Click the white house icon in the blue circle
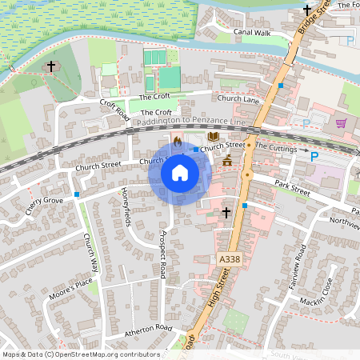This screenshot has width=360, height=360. coord(180,173)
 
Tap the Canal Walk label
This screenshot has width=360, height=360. coord(252,34)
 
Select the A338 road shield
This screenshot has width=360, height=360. coord(228,259)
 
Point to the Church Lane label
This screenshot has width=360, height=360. coord(238,98)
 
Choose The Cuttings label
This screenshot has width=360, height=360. coord(276,150)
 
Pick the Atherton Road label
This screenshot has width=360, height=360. coord(148,329)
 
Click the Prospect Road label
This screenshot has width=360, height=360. coord(162,254)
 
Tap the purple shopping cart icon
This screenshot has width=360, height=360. coord(342,123)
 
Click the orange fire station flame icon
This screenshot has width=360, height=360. coord(177,141)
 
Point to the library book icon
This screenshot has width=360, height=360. coord(212,137)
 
